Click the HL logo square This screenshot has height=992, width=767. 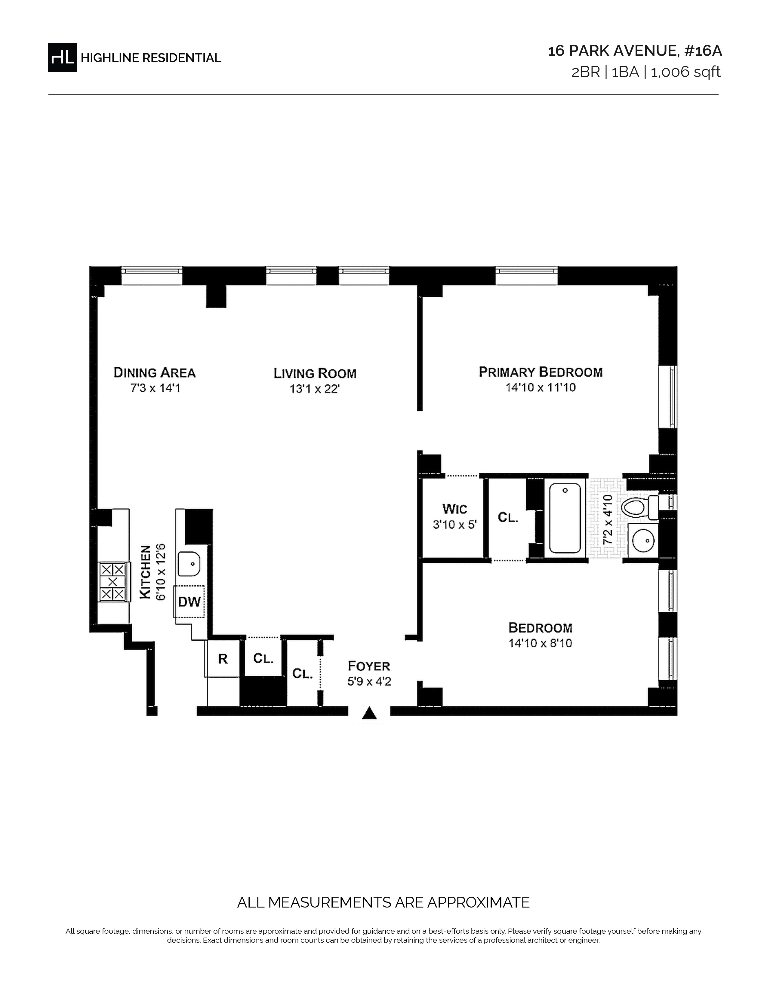(x=62, y=58)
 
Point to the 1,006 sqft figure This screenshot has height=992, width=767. (x=686, y=72)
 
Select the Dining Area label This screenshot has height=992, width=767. (x=155, y=373)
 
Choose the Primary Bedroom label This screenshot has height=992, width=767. (x=541, y=372)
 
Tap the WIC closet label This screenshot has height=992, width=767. (x=454, y=509)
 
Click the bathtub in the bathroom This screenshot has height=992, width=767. (x=565, y=518)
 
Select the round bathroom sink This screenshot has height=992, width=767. (x=643, y=540)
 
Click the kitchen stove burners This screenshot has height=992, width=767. (x=113, y=582)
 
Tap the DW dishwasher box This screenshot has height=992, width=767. (x=189, y=602)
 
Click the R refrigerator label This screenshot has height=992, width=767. (x=223, y=659)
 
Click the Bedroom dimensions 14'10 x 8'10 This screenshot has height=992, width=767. (x=540, y=643)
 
